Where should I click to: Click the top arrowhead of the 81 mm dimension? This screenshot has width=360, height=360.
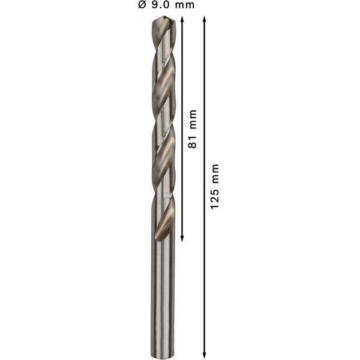click(x=182, y=20)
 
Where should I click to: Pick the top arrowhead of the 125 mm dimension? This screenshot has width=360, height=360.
click(x=205, y=20)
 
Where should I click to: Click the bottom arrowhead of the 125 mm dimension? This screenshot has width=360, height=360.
click(x=205, y=353)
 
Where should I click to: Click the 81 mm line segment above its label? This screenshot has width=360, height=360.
click(x=182, y=66)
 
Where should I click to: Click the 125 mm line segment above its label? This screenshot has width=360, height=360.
click(x=205, y=90)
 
